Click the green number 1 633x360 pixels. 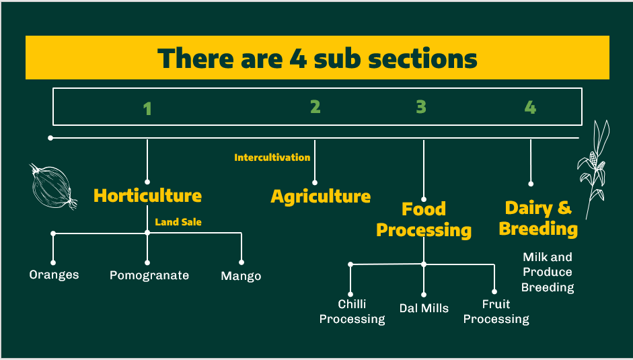(147, 108)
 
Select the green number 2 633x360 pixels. (315, 106)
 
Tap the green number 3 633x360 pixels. (421, 106)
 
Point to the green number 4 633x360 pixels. (531, 107)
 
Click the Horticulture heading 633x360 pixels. (147, 196)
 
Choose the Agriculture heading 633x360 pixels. (320, 196)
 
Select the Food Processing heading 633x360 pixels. (424, 219)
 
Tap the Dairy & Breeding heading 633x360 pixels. (538, 218)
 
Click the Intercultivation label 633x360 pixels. (272, 157)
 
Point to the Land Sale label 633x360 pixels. (178, 221)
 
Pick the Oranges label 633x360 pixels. (54, 275)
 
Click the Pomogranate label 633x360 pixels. (149, 275)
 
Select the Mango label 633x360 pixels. (241, 276)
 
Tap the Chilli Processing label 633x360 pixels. (352, 312)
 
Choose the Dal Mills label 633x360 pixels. (424, 308)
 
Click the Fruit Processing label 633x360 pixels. (496, 312)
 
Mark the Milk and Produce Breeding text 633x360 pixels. (548, 272)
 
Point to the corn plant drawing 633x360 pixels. (594, 168)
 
